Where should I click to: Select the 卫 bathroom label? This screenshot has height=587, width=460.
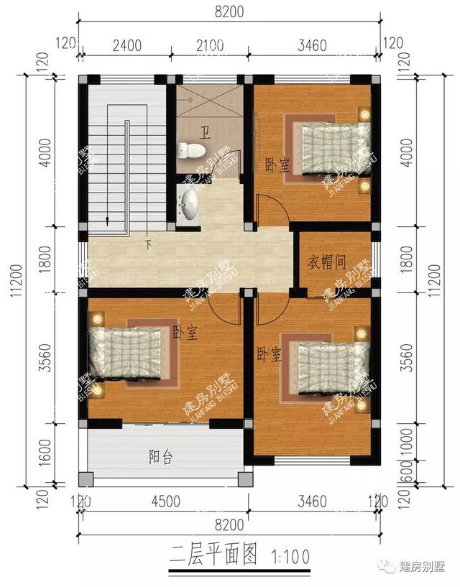pos(206,133)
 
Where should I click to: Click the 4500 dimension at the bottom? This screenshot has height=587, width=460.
pos(166,502)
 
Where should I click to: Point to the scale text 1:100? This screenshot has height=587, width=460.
pos(291,555)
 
